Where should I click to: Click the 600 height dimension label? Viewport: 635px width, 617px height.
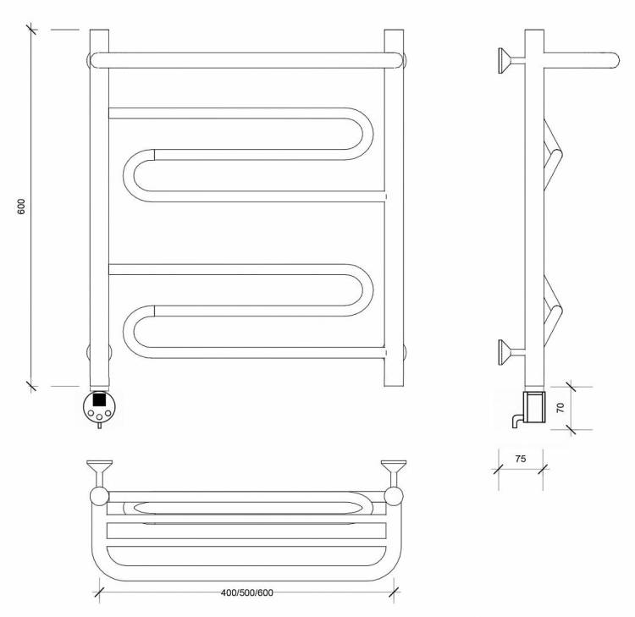(x=21, y=207)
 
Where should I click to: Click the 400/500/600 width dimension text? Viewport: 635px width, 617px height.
(x=247, y=592)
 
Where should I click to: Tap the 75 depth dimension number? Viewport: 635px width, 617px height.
(x=521, y=459)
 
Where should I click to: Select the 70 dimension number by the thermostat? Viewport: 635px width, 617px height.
(x=560, y=407)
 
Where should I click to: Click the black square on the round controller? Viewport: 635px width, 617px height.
(x=99, y=399)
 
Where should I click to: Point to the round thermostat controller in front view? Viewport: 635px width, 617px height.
(x=99, y=407)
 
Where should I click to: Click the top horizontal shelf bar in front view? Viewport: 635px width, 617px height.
(x=247, y=60)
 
